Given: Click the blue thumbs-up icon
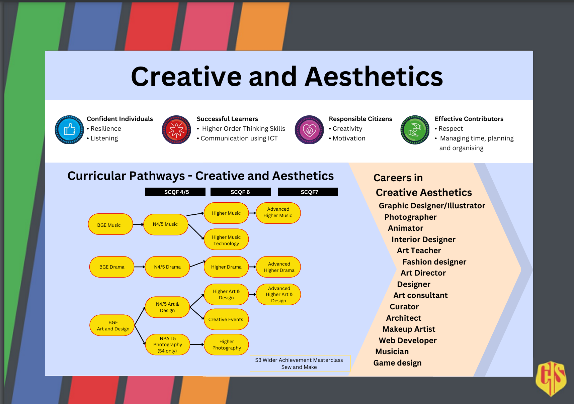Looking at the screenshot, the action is pos(69,130).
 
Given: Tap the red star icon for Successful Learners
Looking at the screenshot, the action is pos(176,130).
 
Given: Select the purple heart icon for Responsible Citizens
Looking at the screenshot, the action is pos(309,130).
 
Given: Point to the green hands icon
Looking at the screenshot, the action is pos(415,130).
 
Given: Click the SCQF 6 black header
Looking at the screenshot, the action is pos(240,192).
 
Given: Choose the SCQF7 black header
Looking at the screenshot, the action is pos(308,192).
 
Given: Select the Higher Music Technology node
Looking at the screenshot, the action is pos(226,239).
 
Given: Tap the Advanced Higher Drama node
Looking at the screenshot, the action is pos(278,267).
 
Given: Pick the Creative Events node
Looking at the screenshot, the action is pos(226,319).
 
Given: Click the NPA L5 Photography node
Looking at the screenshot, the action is pos(167,344).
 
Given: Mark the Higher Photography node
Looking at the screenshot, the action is pos(226,344).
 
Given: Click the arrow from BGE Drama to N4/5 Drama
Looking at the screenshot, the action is pos(140,267).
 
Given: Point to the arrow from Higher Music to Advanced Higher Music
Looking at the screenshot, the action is pos(252,213).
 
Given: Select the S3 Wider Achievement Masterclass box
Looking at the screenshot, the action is pos(300,364).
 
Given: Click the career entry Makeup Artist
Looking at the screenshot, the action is pos(409,329).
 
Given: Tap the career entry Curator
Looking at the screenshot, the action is pos(404,307).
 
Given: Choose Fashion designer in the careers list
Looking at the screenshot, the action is pos(434,262).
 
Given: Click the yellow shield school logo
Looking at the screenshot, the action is pos(551,378).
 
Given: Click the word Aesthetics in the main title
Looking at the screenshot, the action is pos(374,77).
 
